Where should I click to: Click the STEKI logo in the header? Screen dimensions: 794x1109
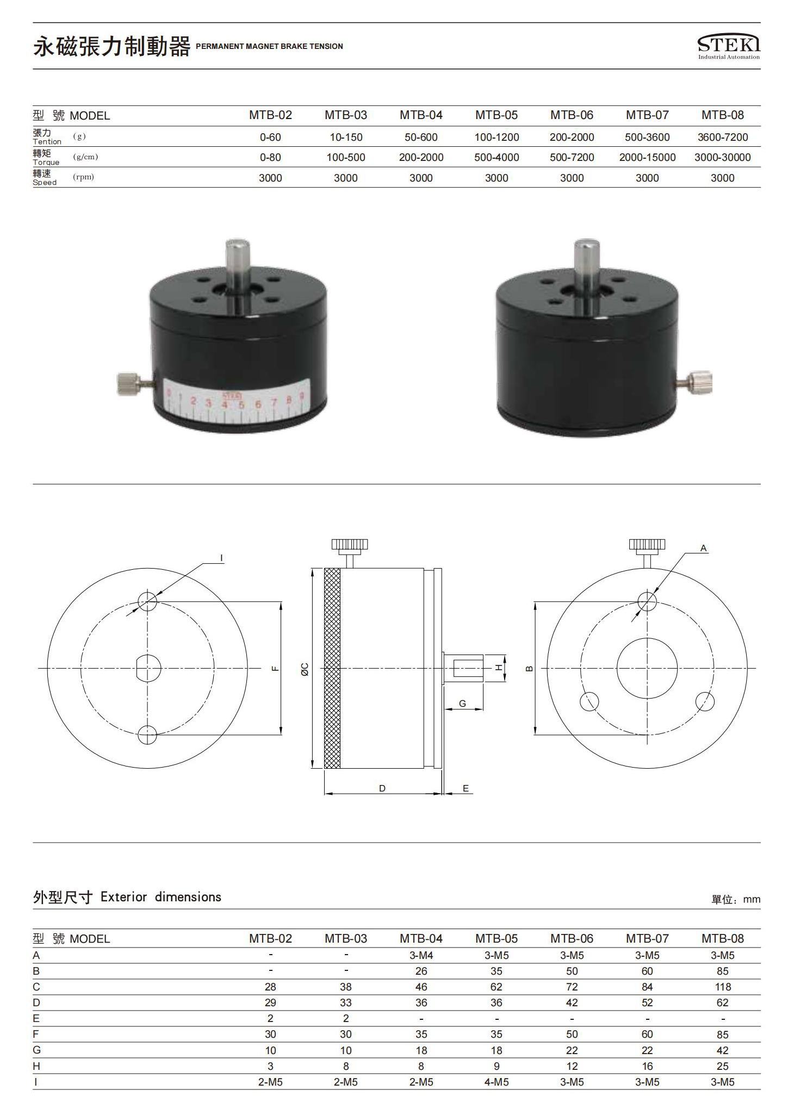click(x=729, y=47)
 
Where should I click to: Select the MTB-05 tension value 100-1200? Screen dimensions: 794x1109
click(x=497, y=137)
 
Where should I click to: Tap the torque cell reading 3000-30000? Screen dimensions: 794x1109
click(x=722, y=158)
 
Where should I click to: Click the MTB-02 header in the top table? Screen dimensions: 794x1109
click(x=270, y=115)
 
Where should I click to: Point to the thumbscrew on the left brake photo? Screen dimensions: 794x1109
click(x=129, y=383)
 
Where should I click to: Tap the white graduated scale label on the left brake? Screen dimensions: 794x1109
click(x=237, y=401)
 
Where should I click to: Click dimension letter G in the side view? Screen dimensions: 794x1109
click(x=462, y=703)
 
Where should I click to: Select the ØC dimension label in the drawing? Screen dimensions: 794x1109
click(x=305, y=669)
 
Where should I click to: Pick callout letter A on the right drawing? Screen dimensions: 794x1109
click(x=703, y=548)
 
